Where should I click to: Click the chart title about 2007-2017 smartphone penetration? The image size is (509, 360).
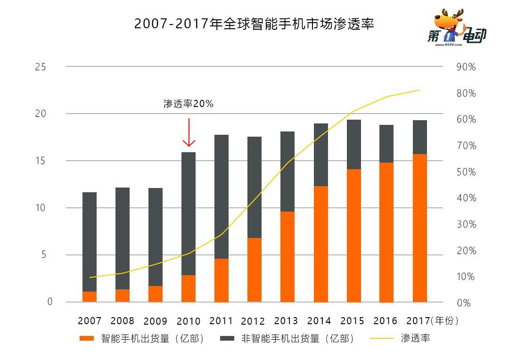254,24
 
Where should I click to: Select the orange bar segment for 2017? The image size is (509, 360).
419,228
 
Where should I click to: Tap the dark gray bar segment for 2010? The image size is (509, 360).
189,213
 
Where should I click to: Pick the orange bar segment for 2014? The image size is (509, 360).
320,244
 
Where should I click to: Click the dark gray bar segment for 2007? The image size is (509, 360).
90,242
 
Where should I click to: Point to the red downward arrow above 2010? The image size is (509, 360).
189,133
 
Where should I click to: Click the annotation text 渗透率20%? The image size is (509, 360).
189,104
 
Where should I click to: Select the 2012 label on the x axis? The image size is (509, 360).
253,321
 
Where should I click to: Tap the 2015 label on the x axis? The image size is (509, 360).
353,321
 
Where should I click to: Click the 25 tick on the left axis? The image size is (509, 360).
41,67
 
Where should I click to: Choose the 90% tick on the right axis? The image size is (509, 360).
466,67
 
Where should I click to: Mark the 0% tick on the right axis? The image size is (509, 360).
464,303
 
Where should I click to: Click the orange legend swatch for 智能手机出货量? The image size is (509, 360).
88,338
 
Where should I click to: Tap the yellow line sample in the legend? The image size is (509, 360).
381,338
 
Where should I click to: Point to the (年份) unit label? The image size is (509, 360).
445,321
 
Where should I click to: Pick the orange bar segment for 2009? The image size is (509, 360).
156,294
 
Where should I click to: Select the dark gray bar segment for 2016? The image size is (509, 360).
386,144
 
